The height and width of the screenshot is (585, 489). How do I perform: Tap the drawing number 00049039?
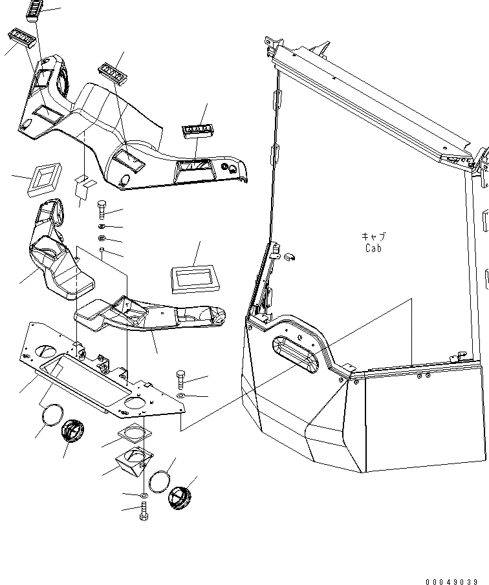pos(453,580)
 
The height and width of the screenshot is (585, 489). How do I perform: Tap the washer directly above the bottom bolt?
pos(142,496)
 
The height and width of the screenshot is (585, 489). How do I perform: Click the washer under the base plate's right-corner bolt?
pos(180,396)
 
